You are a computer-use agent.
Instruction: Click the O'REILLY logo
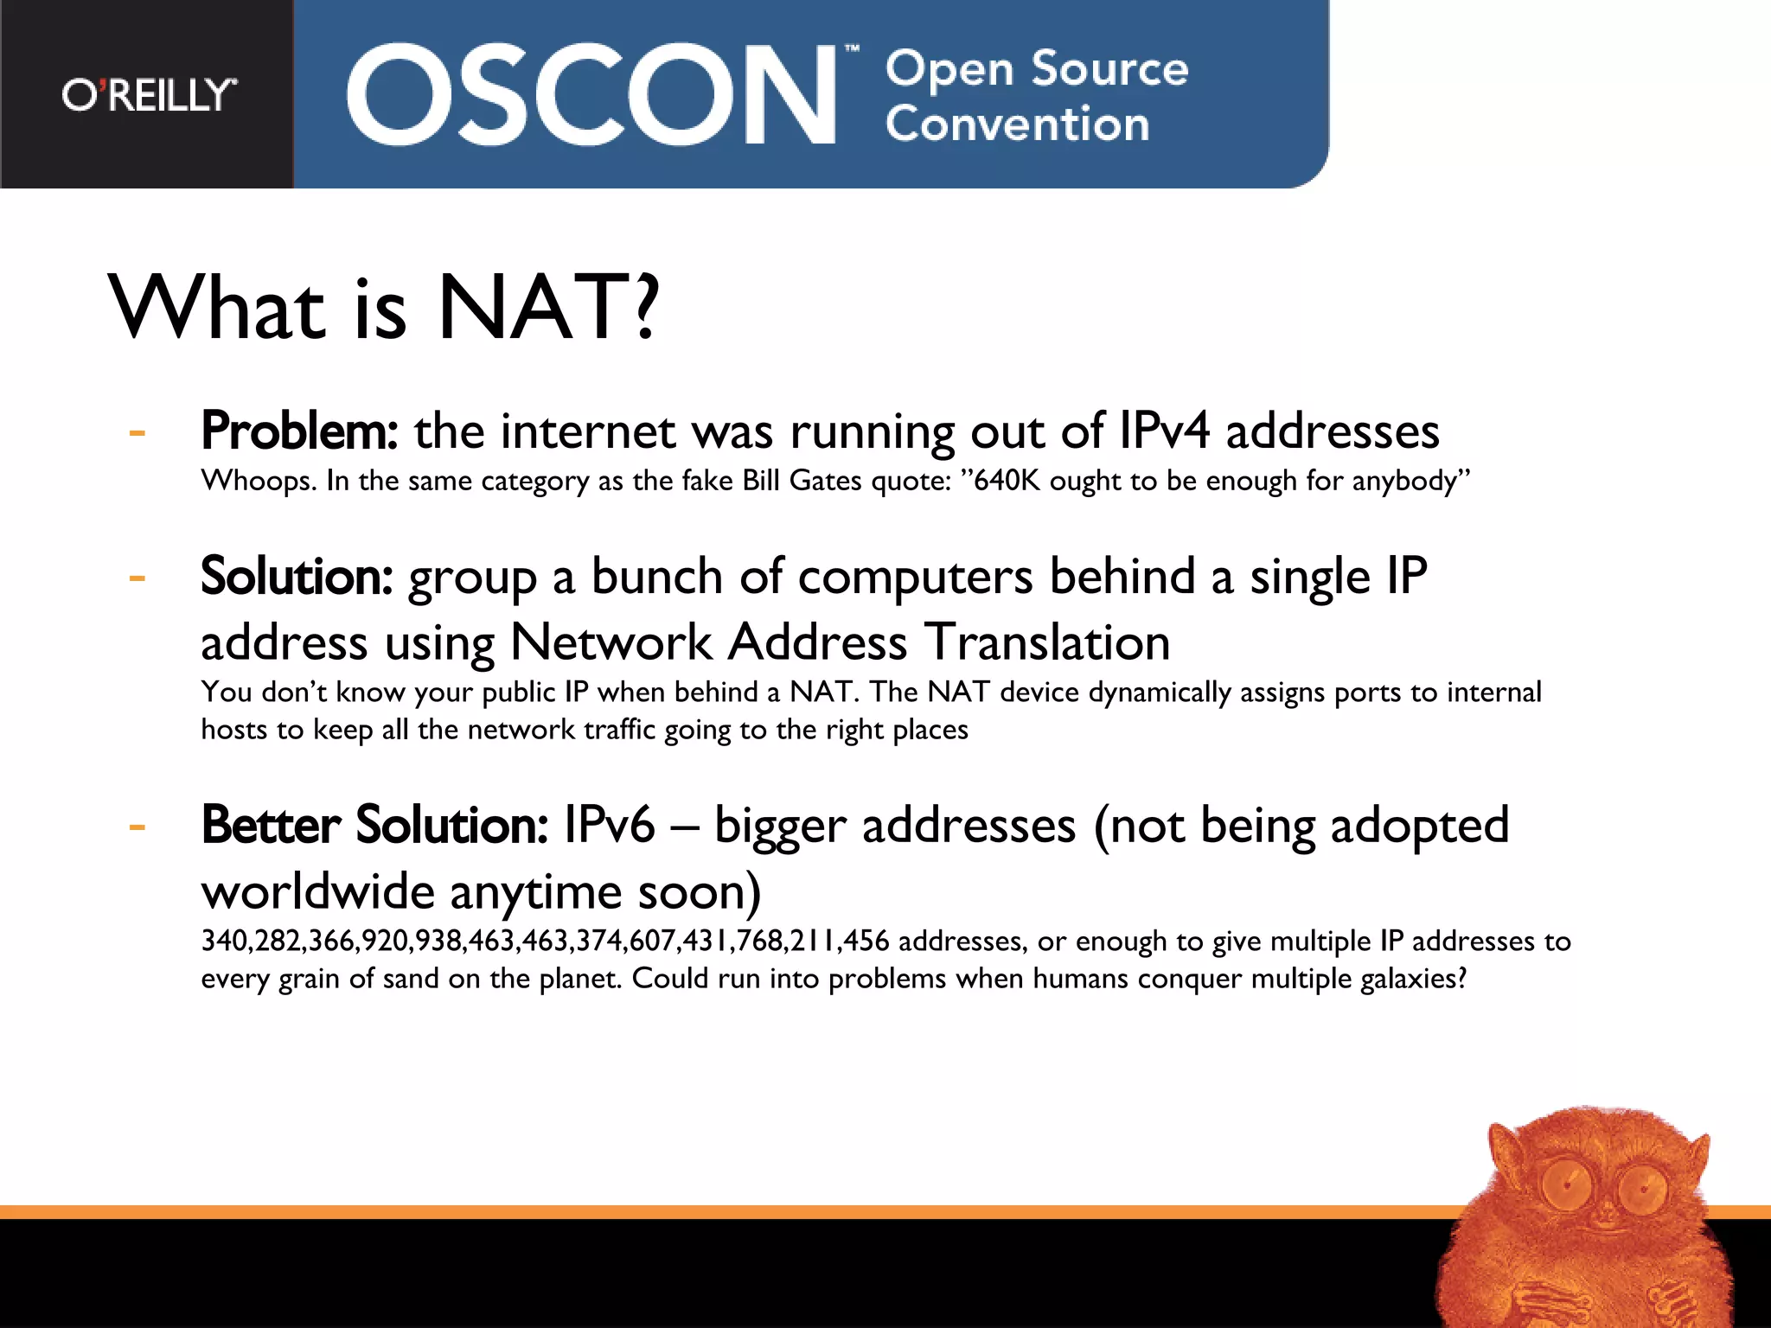149,94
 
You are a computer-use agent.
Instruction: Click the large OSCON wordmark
591,94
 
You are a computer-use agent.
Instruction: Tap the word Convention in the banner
1017,124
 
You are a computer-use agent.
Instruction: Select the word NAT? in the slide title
548,307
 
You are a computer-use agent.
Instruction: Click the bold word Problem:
299,431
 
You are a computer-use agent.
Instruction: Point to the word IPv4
1163,431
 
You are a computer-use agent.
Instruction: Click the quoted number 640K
1007,480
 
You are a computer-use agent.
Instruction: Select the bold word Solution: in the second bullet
297,576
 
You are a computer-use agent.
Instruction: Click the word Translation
1047,642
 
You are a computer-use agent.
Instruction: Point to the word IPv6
609,825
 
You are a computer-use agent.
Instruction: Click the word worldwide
317,891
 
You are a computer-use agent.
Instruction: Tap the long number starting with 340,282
545,941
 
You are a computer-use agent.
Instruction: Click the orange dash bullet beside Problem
137,431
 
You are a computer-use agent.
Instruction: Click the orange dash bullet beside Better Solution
137,827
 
